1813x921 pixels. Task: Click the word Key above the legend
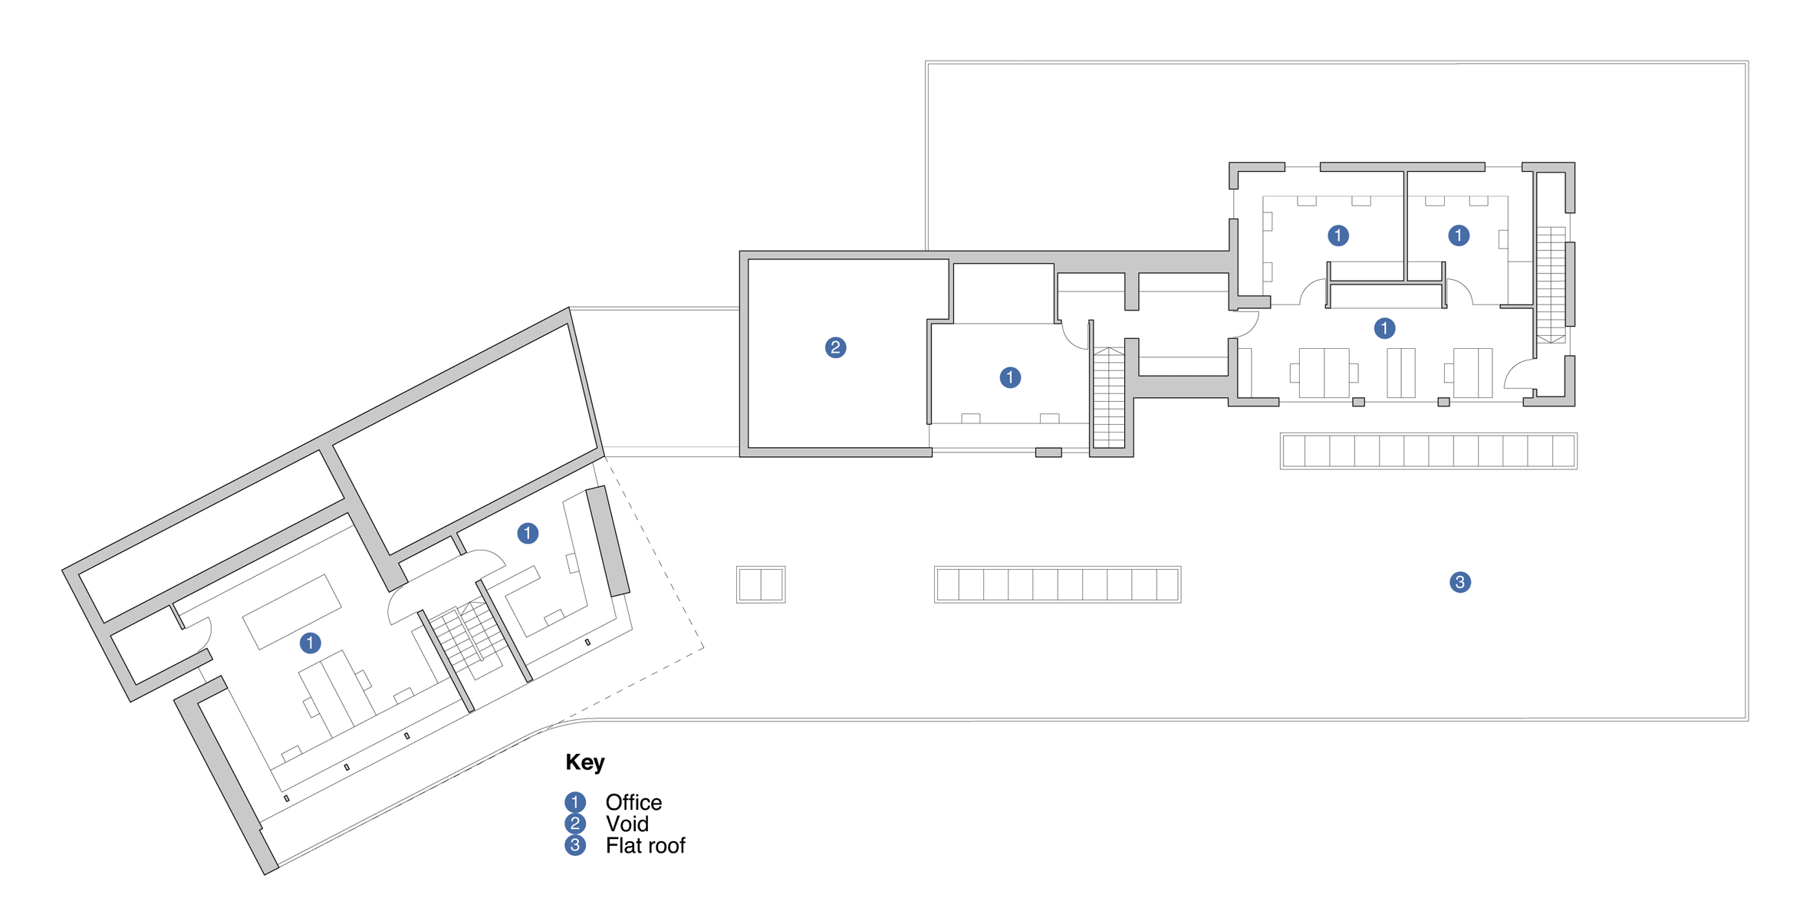tap(585, 762)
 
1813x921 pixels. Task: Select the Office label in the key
tap(633, 802)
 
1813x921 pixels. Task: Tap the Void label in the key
tap(627, 824)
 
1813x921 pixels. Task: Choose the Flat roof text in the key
tap(645, 845)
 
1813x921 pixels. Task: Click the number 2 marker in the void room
tap(835, 347)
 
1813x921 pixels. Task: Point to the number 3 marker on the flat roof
tap(1459, 582)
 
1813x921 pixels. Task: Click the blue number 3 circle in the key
tap(575, 845)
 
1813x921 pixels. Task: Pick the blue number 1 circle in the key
tap(575, 802)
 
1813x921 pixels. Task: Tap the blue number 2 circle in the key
tap(575, 824)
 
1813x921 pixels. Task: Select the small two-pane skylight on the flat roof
tap(761, 584)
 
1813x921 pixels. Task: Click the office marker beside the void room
tap(1010, 377)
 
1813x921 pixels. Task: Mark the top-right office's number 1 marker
tap(1459, 235)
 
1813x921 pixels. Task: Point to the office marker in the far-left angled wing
tap(310, 643)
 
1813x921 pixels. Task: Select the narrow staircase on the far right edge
tap(1551, 285)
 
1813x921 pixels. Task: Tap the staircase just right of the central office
tap(1109, 397)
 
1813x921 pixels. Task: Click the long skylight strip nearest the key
tap(1058, 584)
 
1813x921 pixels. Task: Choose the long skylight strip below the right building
tap(1428, 451)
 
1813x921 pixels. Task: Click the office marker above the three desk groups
tap(1384, 328)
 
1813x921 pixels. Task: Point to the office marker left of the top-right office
tap(1338, 235)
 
